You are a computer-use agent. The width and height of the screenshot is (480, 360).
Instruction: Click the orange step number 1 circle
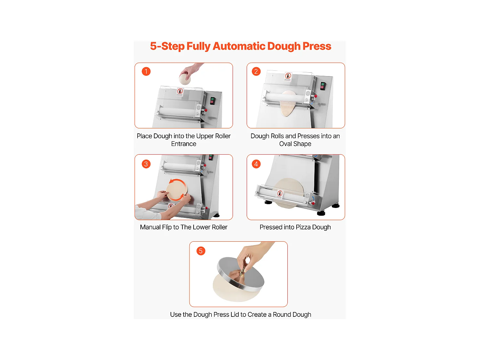click(x=146, y=71)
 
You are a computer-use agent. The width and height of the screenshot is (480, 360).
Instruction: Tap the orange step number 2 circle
click(x=256, y=71)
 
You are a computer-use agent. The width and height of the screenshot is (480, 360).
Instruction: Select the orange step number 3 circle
click(x=146, y=164)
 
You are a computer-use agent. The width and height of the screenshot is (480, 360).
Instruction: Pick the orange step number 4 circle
click(x=256, y=164)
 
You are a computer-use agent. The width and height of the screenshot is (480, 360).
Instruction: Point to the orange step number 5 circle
click(x=201, y=251)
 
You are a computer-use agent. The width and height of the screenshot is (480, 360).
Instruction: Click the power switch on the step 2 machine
click(x=323, y=86)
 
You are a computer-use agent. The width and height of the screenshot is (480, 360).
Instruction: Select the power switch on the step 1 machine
click(x=212, y=101)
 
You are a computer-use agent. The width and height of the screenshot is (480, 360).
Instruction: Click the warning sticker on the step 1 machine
click(x=180, y=92)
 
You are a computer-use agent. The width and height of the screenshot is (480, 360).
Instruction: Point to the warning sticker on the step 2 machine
click(x=288, y=77)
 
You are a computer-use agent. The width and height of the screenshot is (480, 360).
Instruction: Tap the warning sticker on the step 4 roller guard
click(x=280, y=194)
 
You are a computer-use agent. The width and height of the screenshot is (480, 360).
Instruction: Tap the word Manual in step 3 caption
click(x=150, y=227)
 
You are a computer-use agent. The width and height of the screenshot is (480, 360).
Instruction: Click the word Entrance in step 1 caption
click(x=184, y=144)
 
